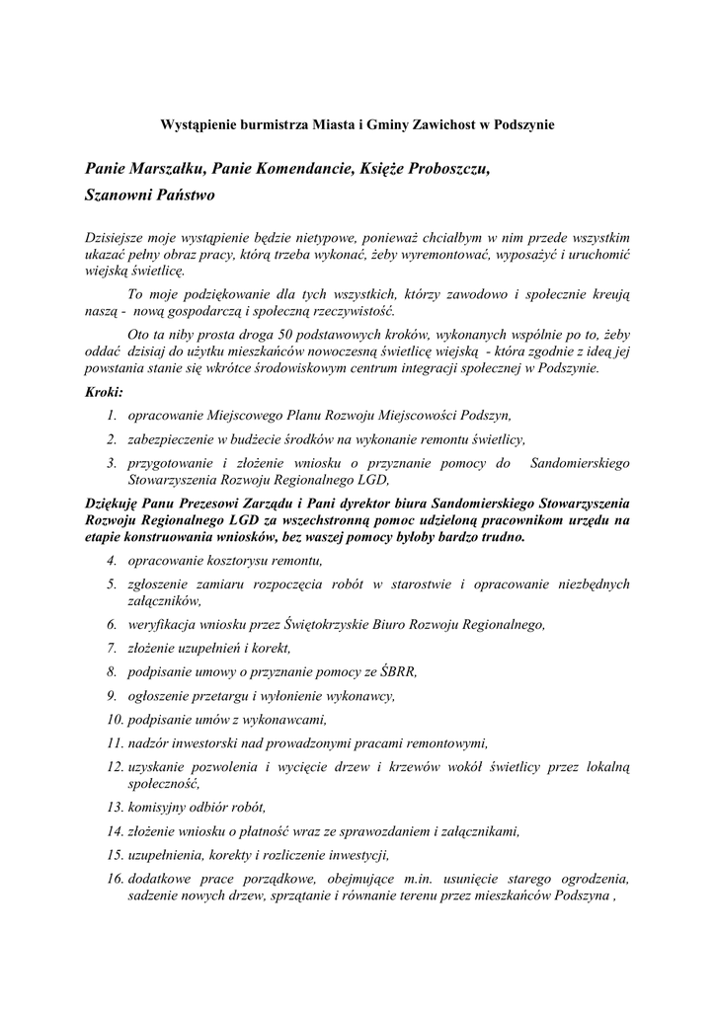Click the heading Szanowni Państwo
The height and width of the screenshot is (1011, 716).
pos(149,196)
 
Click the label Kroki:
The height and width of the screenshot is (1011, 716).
pos(104,393)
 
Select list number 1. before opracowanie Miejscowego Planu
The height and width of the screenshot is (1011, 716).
pos(113,416)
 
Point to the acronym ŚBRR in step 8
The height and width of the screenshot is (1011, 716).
pos(396,671)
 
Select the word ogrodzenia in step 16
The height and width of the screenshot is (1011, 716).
pos(594,878)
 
